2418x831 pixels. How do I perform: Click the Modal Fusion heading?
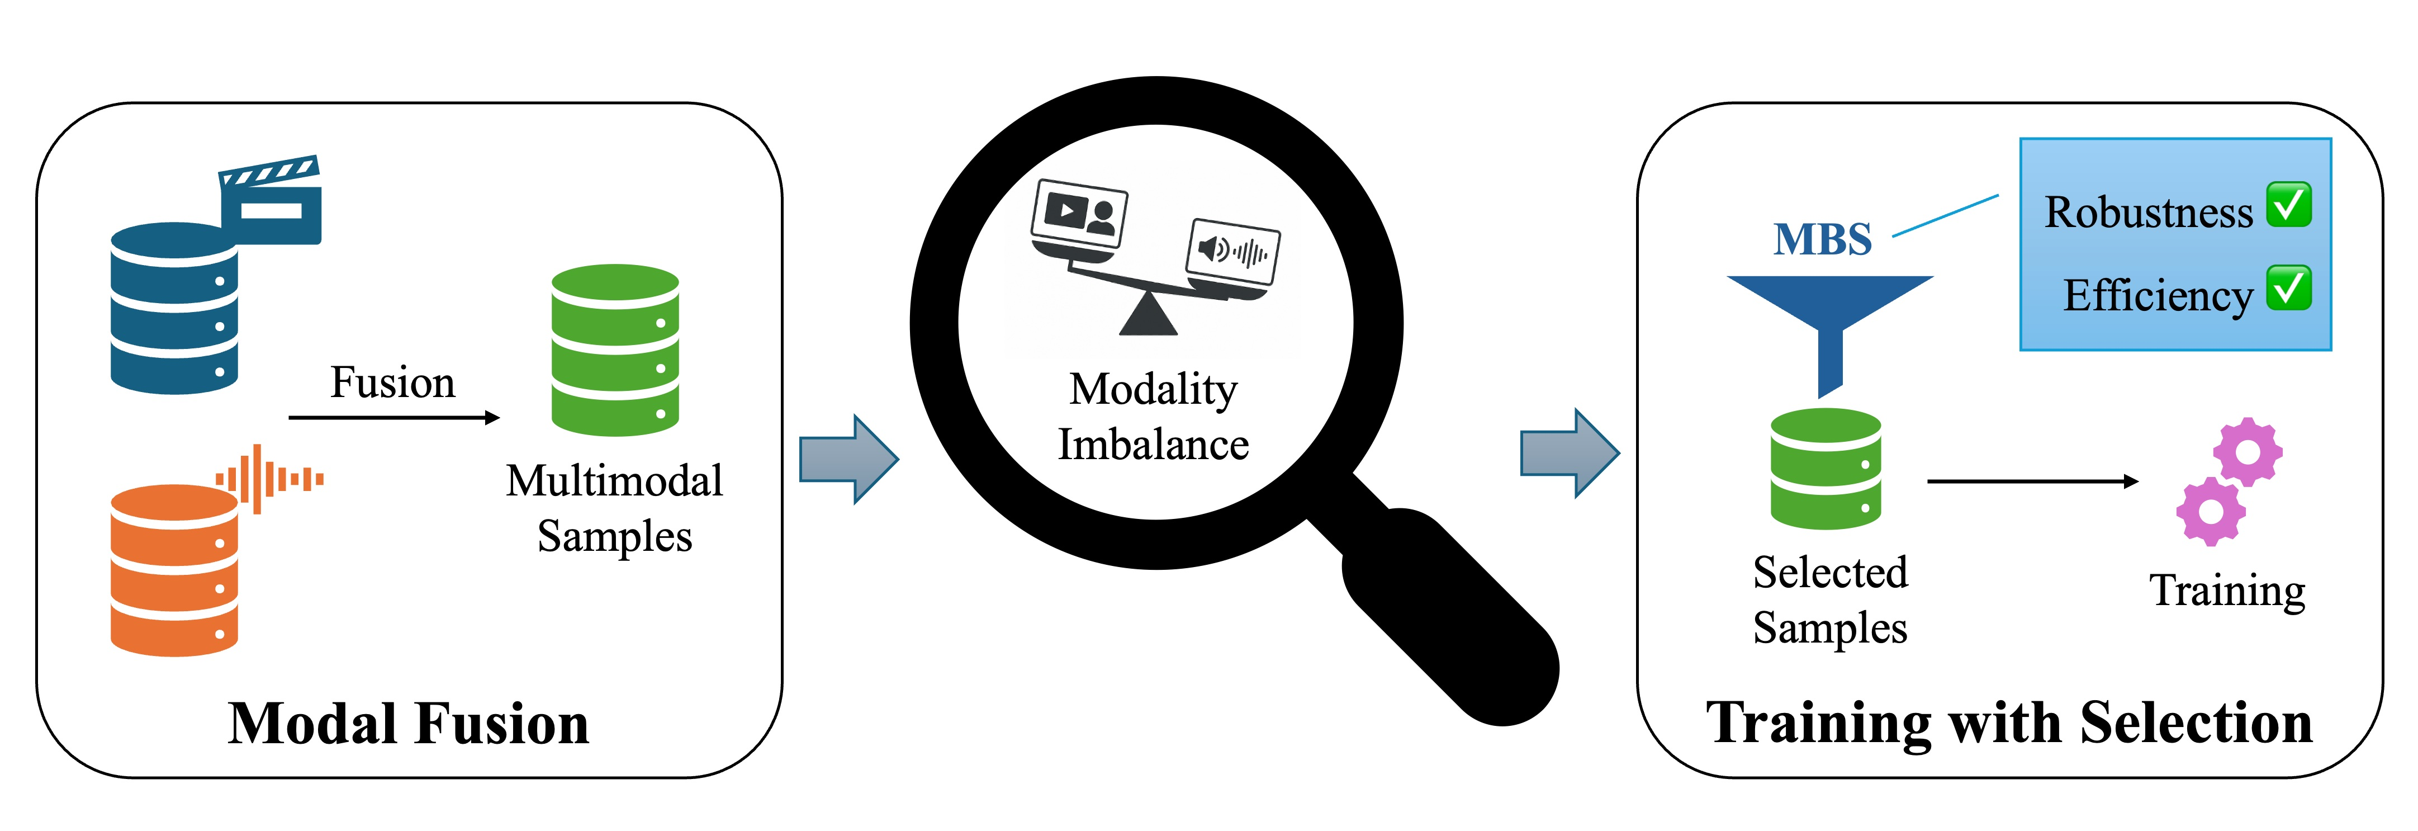click(x=409, y=724)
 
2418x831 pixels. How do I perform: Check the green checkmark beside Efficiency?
click(x=2288, y=288)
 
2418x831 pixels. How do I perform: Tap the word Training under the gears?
click(x=2226, y=592)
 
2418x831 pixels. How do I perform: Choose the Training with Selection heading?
click(x=2009, y=724)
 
